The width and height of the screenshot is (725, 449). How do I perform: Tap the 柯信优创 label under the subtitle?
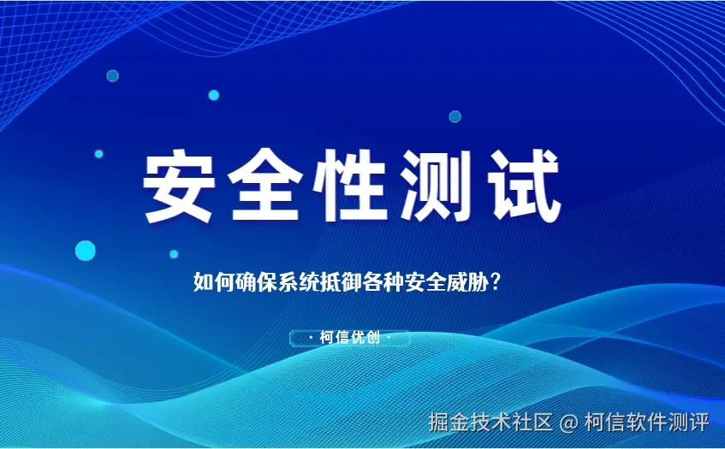coord(349,338)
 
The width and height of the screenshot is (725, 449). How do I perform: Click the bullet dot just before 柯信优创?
coord(310,338)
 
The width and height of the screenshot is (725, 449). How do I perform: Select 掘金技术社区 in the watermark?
coord(490,422)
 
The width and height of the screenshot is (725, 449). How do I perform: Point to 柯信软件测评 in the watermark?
coord(646,422)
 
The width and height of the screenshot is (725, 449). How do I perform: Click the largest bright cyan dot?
coord(86,251)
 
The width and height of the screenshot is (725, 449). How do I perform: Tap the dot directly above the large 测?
coord(455,116)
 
